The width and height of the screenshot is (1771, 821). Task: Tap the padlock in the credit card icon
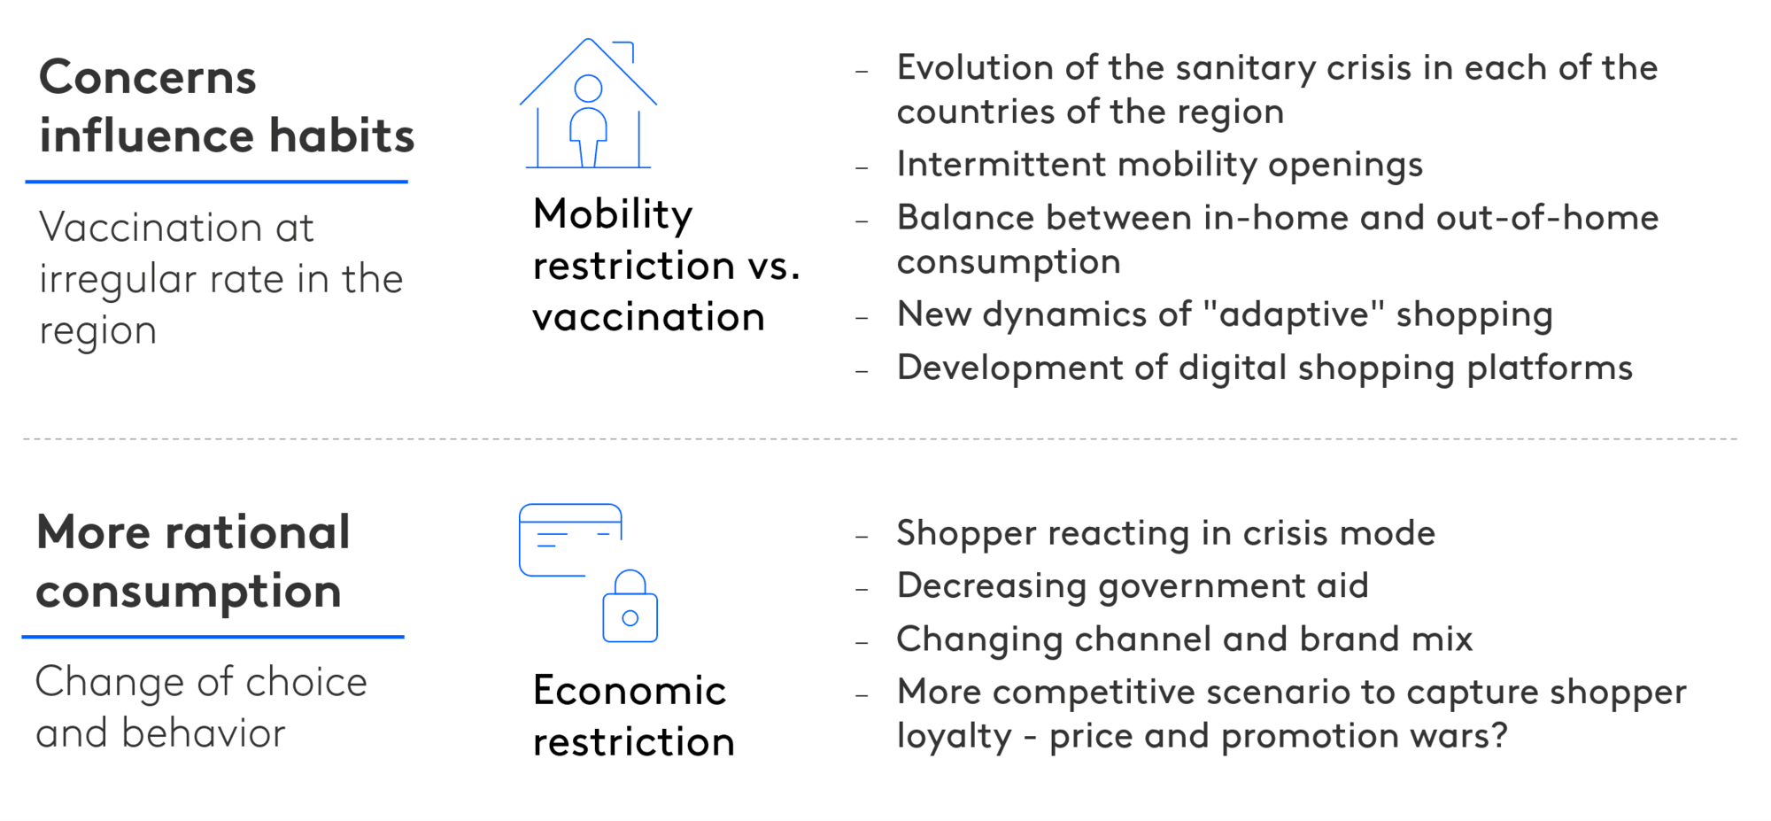pyautogui.click(x=630, y=606)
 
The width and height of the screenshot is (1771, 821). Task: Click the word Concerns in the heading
pyautogui.click(x=148, y=77)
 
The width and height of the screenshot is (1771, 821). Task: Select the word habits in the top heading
pyautogui.click(x=342, y=136)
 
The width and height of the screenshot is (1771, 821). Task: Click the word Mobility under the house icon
pyautogui.click(x=613, y=215)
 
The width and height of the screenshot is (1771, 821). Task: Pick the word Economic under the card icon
pyautogui.click(x=630, y=690)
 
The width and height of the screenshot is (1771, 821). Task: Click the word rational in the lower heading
pyautogui.click(x=258, y=532)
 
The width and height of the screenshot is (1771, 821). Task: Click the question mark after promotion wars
pyautogui.click(x=1499, y=735)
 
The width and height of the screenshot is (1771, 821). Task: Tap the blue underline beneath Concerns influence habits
pyautogui.click(x=217, y=182)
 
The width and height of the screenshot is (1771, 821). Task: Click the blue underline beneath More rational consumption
pyautogui.click(x=213, y=636)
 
